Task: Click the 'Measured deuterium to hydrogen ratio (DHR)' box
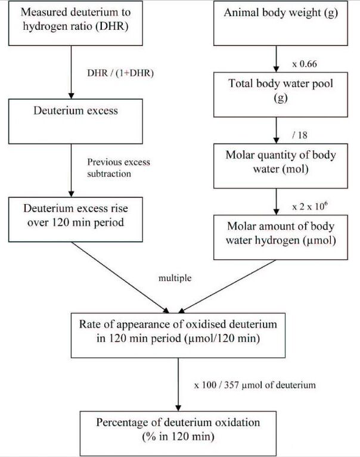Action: [76, 23]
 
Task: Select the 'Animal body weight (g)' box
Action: [281, 23]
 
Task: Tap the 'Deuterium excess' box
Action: [76, 121]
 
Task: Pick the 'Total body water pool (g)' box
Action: [281, 95]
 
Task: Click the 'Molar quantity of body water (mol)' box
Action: [281, 166]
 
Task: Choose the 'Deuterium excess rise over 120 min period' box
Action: [76, 220]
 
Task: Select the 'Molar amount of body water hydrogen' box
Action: [281, 237]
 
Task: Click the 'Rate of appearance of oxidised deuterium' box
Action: [178, 335]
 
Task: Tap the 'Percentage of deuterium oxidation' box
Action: [178, 434]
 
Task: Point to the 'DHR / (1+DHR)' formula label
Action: [120, 73]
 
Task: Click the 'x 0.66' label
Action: [305, 64]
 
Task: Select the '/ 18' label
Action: [300, 135]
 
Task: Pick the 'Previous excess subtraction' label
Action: [119, 168]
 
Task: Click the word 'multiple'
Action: [175, 278]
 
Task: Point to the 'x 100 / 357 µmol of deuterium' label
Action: [255, 385]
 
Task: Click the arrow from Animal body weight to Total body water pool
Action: [276, 59]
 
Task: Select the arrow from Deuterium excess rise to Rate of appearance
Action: [120, 277]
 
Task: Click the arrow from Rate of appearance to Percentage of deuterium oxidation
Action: [178, 384]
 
